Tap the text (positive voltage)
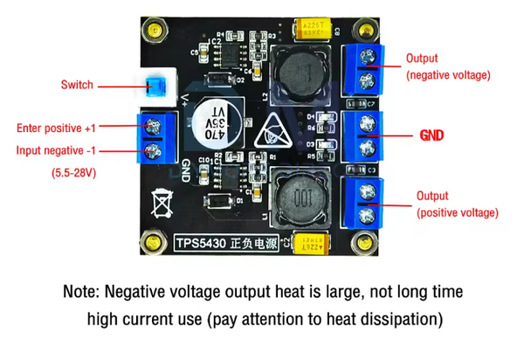(x=458, y=212)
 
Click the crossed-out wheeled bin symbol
(x=162, y=202)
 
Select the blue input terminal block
(x=154, y=138)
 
